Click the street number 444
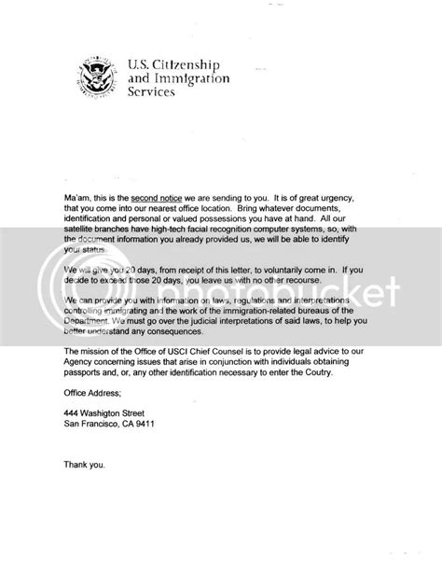pos(72,449)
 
